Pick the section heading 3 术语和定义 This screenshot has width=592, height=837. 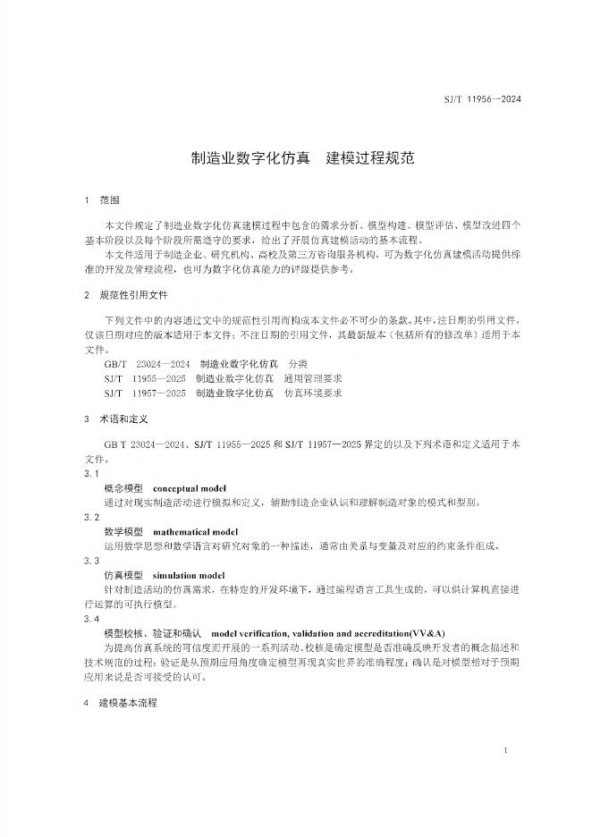pos(114,418)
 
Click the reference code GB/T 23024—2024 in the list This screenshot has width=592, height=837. pos(147,365)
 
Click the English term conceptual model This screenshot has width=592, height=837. pos(190,489)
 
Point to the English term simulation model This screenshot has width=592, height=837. pos(189,574)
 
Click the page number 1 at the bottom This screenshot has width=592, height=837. pos(506,751)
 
